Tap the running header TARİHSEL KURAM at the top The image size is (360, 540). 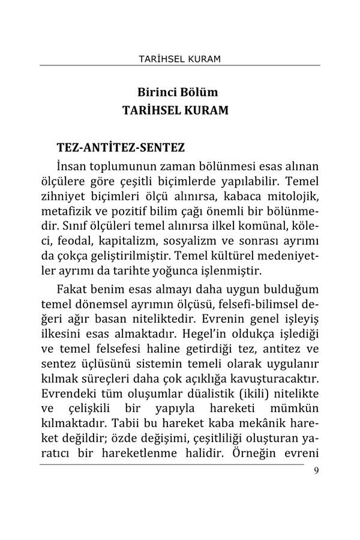coord(180,59)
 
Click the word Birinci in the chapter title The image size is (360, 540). coord(159,94)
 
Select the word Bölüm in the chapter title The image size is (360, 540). coord(201,94)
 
